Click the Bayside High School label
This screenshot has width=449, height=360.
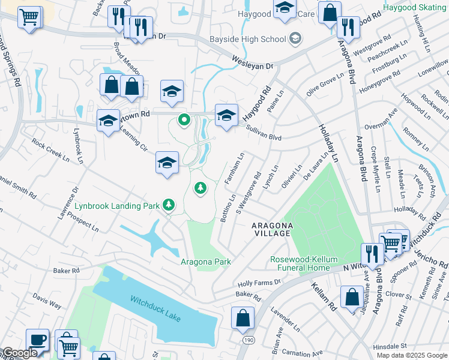coord(247,40)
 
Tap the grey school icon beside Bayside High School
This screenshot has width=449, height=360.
coord(295,39)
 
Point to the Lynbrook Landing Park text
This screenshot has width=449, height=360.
coord(117,206)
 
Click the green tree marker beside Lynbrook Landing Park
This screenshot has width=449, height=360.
coord(170,206)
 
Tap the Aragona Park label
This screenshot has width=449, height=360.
coord(206,262)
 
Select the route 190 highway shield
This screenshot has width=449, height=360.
coord(248,340)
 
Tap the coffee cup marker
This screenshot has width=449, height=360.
coord(37,340)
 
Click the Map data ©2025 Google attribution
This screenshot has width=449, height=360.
coord(412,355)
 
